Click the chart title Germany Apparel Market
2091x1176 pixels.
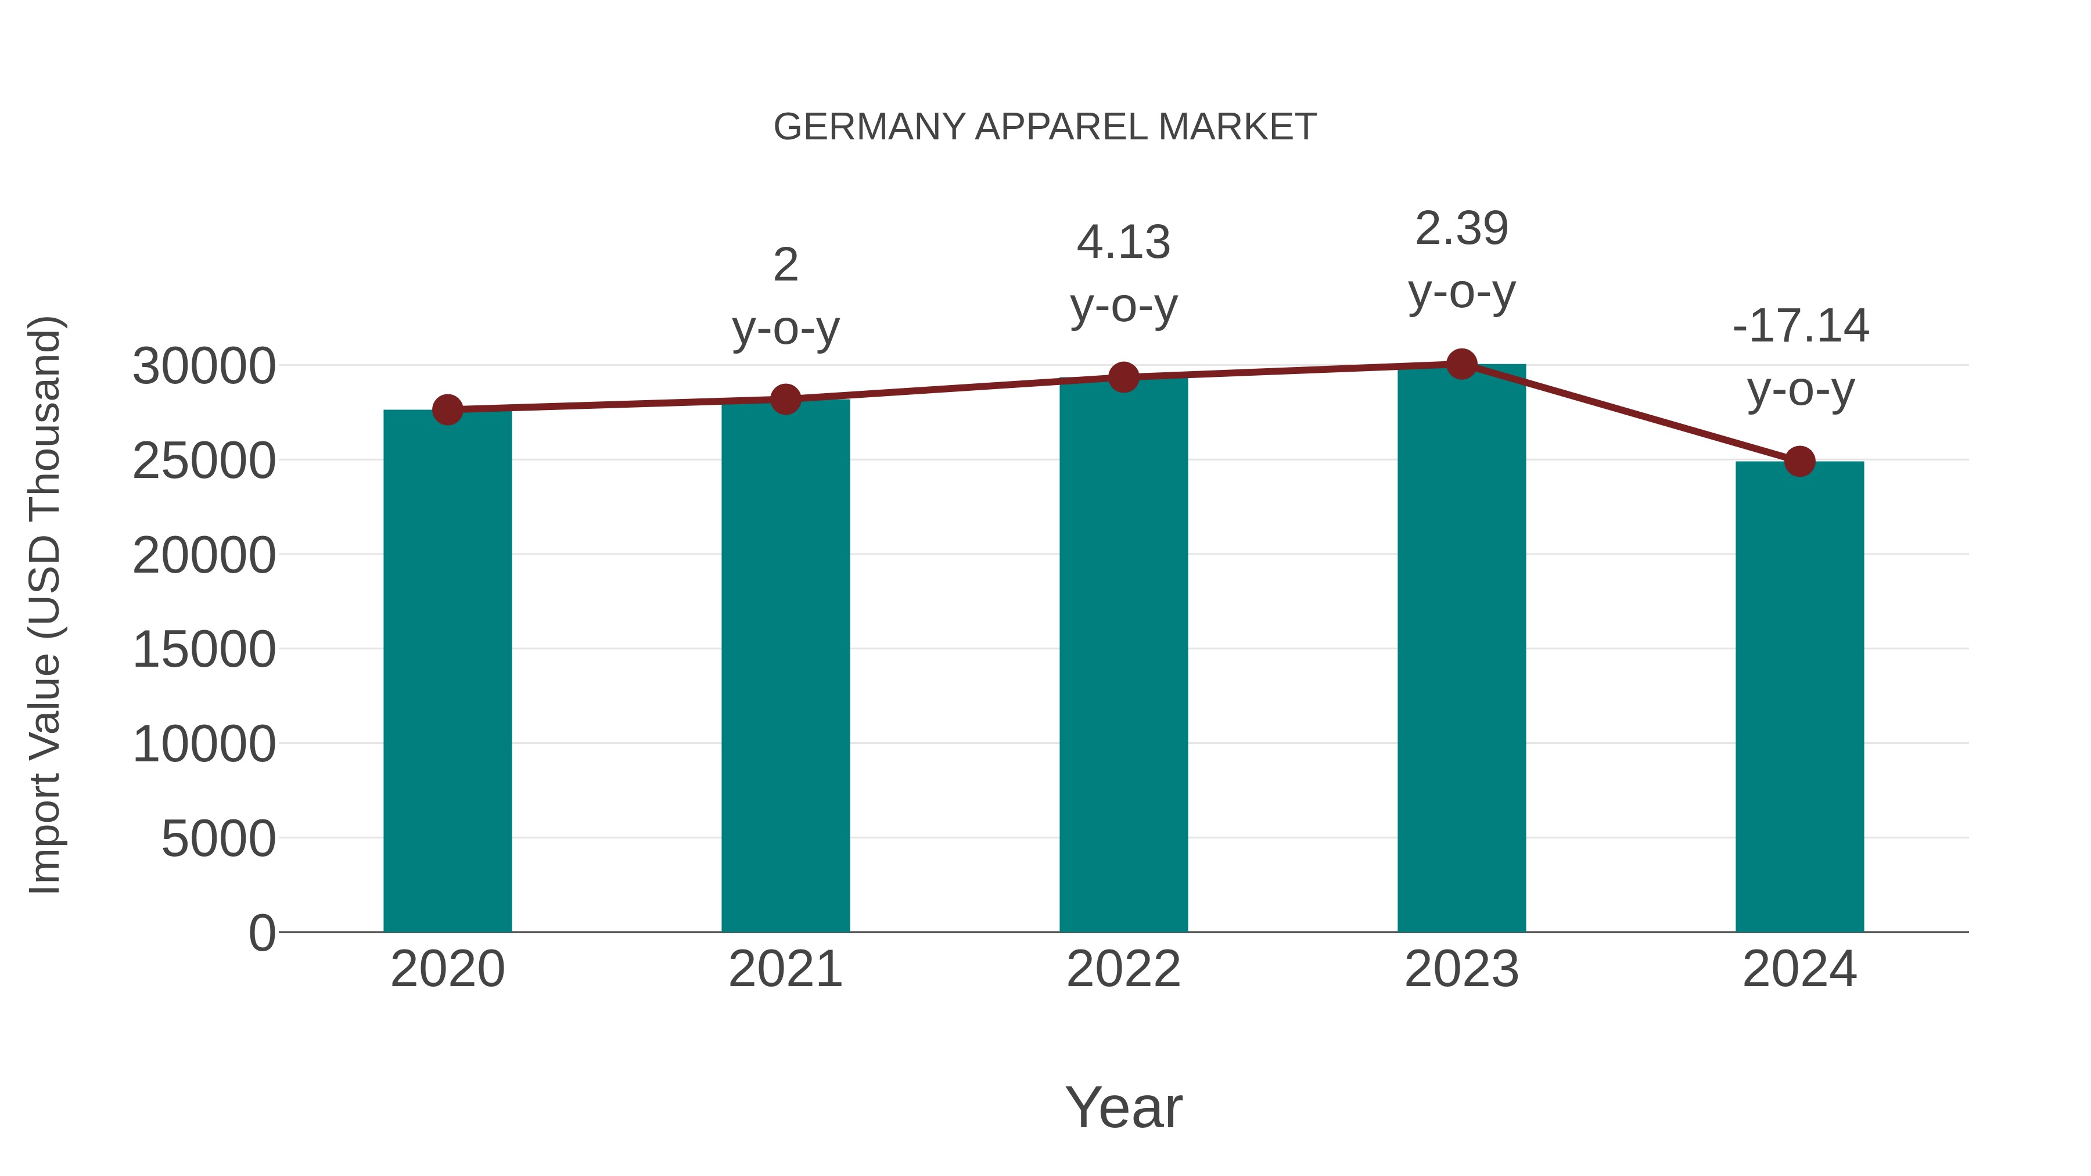point(1045,127)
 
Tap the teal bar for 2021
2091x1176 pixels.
point(785,666)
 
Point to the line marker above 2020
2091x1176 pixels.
point(447,410)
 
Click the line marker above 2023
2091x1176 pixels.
point(1461,364)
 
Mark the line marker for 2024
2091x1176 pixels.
point(1799,462)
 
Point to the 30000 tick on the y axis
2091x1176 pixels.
point(204,366)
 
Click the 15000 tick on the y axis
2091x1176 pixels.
point(204,649)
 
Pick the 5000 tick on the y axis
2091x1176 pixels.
point(218,839)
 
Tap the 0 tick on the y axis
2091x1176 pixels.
point(262,933)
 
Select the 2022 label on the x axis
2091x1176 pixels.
point(1123,969)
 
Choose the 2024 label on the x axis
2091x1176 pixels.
point(1799,969)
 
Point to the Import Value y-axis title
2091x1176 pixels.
point(45,605)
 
